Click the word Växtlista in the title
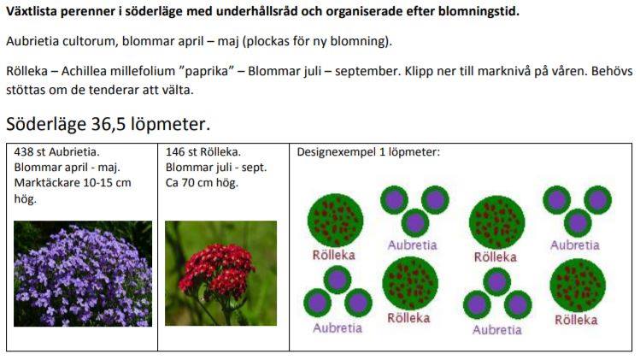point(32,11)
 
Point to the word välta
point(179,90)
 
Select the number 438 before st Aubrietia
point(24,152)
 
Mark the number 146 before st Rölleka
point(175,152)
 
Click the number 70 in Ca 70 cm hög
point(187,183)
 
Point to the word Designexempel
point(337,152)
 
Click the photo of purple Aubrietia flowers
point(83,274)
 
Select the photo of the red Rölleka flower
point(220,274)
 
